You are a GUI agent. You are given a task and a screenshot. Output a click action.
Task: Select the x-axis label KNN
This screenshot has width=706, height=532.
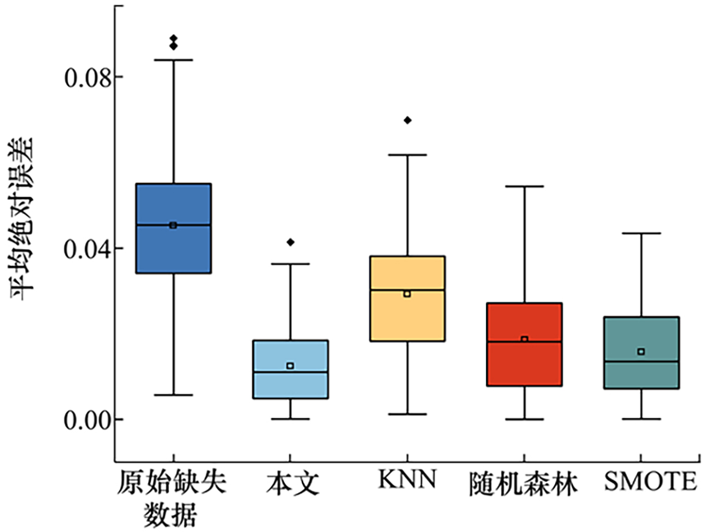[x=407, y=481]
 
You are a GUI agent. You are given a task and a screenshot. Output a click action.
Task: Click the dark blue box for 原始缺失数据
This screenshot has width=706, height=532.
[x=174, y=247]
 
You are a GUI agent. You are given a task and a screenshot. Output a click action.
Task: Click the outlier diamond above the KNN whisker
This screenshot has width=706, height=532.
[x=407, y=120]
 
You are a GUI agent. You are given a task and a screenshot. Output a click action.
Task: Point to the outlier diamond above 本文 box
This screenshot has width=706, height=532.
[x=291, y=242]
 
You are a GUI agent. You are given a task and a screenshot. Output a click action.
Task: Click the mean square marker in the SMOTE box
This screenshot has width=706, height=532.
[x=641, y=351]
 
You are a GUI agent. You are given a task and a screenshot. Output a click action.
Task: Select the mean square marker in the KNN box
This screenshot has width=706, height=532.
[x=407, y=293]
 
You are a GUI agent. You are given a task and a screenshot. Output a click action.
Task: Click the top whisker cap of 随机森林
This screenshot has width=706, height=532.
[x=524, y=186]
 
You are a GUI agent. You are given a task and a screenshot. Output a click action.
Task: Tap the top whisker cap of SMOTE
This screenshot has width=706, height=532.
[x=641, y=233]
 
